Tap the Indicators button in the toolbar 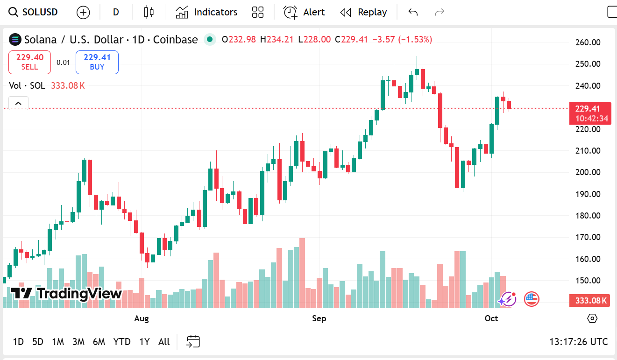click(x=206, y=12)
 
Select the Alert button click(x=304, y=12)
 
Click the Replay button click(x=363, y=12)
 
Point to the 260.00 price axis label click(x=588, y=42)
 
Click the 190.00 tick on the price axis click(x=588, y=194)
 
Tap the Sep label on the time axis click(x=319, y=318)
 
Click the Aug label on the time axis click(x=141, y=318)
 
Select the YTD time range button click(x=122, y=342)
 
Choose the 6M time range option click(x=99, y=342)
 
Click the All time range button click(x=164, y=342)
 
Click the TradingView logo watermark click(x=66, y=294)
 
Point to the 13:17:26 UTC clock click(x=578, y=342)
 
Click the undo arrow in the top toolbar click(x=413, y=12)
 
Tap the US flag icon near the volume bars click(x=532, y=299)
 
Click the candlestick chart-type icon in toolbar click(x=149, y=12)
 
